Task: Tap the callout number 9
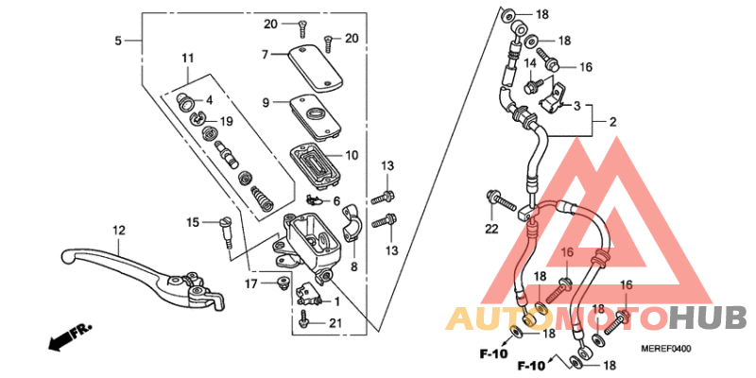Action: [266, 102]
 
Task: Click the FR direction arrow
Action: [69, 334]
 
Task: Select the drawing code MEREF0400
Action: [666, 349]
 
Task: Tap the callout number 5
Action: [118, 41]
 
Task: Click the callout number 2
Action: [611, 122]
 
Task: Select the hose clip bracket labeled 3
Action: [558, 94]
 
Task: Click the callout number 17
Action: [249, 283]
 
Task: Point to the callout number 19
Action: [226, 121]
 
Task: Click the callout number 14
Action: [530, 63]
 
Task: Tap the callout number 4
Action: [209, 99]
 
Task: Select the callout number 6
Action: [335, 201]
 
